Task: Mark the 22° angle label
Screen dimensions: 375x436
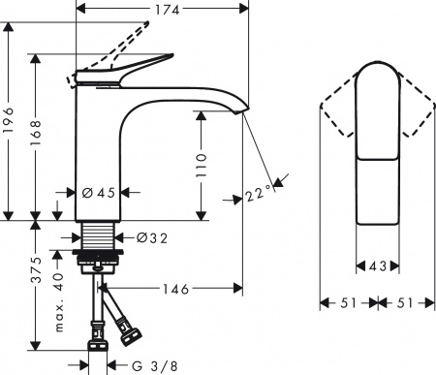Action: pos(259,195)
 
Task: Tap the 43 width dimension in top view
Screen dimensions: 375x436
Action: pos(378,265)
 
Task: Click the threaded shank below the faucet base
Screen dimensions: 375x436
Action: pos(97,237)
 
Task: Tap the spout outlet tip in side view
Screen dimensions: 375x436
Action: pos(239,114)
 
